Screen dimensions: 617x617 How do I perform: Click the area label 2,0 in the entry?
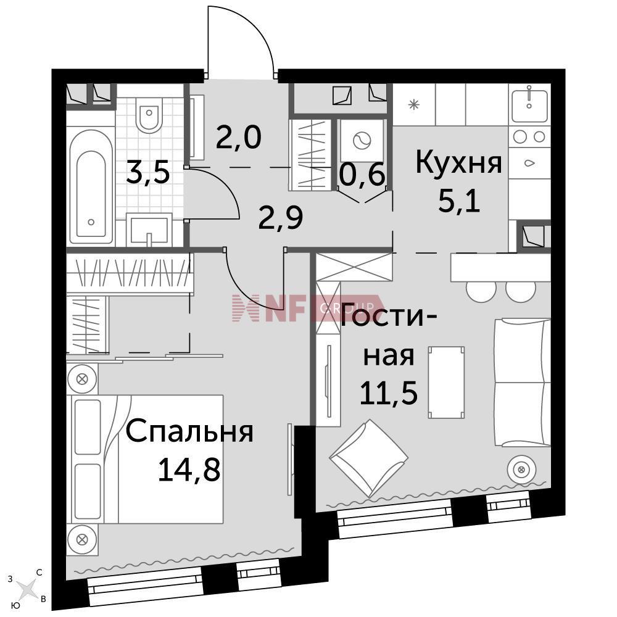click(239, 136)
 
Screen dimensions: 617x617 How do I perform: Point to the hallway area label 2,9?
click(280, 217)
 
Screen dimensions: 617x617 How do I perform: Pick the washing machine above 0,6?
click(360, 141)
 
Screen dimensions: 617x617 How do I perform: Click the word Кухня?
click(457, 164)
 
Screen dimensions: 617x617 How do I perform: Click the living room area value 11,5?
click(389, 393)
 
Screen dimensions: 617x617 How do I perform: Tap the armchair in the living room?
click(368, 458)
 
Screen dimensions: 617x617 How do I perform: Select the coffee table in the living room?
click(446, 380)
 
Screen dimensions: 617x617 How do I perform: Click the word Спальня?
click(190, 432)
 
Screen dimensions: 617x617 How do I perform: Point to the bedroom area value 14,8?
click(189, 470)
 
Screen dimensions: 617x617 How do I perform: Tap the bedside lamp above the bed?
click(83, 378)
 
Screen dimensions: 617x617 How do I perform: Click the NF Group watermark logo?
click(302, 307)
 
